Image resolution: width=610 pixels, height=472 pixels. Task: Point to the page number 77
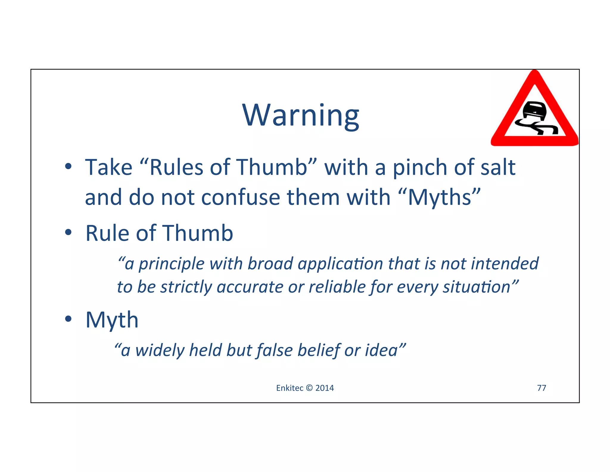pos(541,388)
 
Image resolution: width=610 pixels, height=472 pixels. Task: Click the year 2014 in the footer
pos(324,388)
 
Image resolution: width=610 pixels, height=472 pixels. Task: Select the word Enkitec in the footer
pos(290,388)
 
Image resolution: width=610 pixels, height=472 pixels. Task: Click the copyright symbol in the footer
pos(309,388)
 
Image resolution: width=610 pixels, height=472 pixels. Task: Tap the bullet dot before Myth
pos(68,319)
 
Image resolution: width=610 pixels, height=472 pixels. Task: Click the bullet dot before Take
pos(68,166)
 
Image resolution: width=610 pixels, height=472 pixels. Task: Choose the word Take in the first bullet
pos(109,167)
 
